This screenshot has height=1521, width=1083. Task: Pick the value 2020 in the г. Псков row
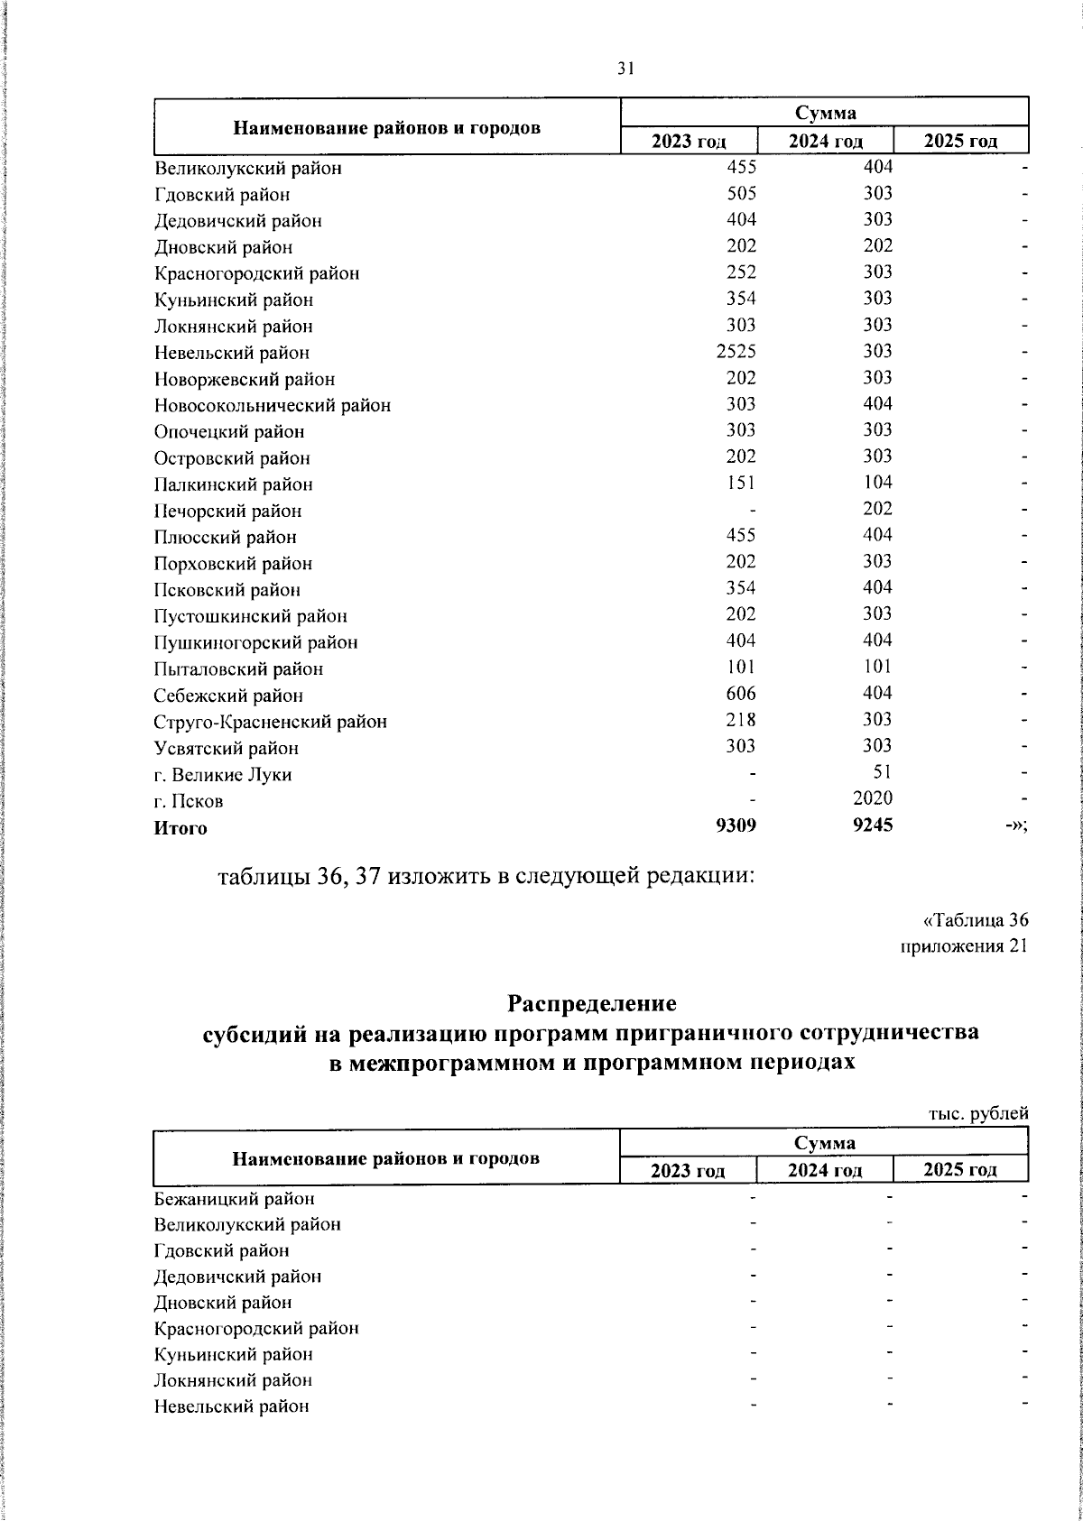pyautogui.click(x=873, y=798)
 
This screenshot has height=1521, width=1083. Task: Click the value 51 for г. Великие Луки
pyautogui.click(x=883, y=772)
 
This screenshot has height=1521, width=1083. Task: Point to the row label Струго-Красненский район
pyautogui.click(x=271, y=722)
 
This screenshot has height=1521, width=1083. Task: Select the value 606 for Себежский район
pyautogui.click(x=741, y=694)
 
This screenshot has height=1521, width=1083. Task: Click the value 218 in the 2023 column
pyautogui.click(x=741, y=720)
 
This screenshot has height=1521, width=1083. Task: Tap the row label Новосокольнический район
pyautogui.click(x=273, y=406)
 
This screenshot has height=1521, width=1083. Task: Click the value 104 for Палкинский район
pyautogui.click(x=877, y=484)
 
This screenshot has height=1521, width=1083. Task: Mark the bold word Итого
pyautogui.click(x=180, y=828)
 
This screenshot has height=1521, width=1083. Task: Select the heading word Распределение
pyautogui.click(x=591, y=1003)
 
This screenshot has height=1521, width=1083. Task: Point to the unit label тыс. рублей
pyautogui.click(x=978, y=1114)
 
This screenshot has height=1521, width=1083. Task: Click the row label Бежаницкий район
pyautogui.click(x=235, y=1199)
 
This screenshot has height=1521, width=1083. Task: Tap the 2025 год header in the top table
pyautogui.click(x=961, y=141)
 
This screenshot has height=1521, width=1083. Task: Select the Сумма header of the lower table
pyautogui.click(x=825, y=1143)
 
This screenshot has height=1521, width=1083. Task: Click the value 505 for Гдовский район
pyautogui.click(x=741, y=194)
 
